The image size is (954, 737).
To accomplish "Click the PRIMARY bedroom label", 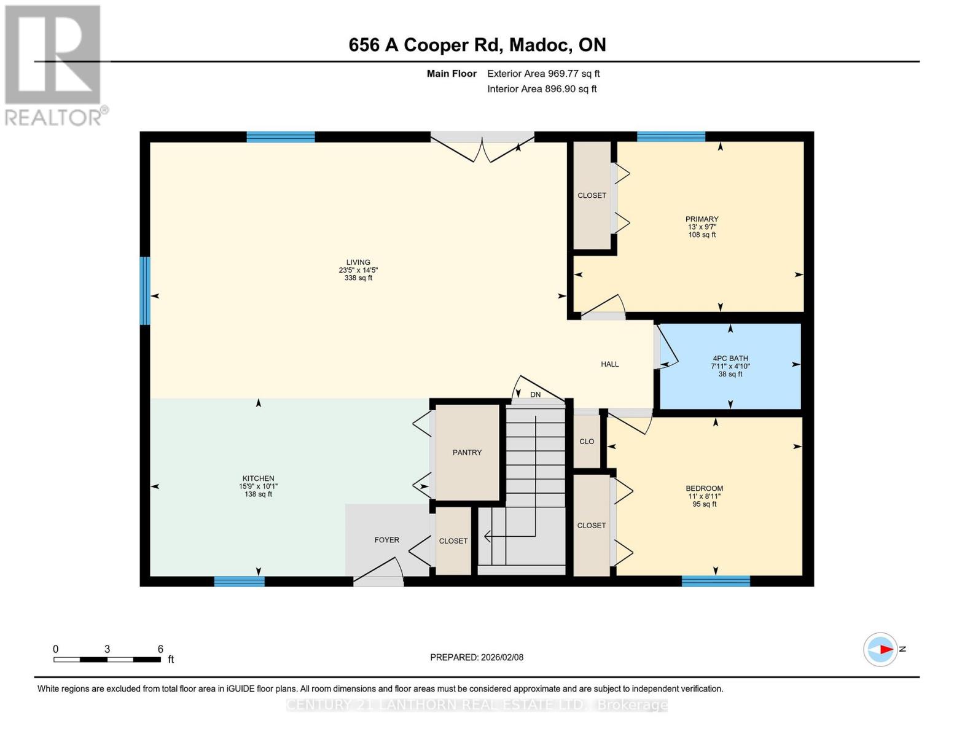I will (702, 219).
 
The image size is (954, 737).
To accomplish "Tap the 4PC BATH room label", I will (730, 359).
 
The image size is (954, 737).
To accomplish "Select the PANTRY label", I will (467, 453).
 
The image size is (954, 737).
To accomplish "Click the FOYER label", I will (386, 540).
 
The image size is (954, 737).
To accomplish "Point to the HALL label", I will (609, 364).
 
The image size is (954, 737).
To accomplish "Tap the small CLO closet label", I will (587, 442).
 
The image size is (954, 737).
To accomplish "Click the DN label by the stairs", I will (536, 395).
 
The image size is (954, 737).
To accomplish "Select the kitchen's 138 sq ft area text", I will (258, 494).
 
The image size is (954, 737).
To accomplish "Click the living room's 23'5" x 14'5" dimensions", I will (358, 270).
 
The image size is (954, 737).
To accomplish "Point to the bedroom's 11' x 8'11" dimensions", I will (704, 496).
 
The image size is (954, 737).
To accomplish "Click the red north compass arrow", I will (885, 649).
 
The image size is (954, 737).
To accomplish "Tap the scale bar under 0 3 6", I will (107, 660).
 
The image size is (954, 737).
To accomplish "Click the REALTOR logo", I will (53, 64).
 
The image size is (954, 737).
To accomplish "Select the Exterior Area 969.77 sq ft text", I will (543, 74).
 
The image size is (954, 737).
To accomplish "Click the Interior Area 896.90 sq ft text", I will (542, 89).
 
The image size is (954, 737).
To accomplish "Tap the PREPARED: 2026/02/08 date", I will (477, 657).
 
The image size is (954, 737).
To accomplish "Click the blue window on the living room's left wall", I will (145, 291).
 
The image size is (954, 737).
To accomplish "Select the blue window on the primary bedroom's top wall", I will (671, 137).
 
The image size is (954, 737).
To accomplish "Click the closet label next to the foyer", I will (453, 541).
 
